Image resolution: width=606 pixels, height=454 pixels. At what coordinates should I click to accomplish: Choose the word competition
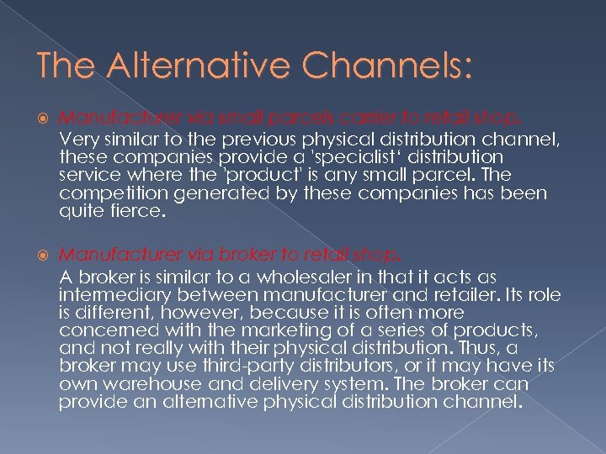[112, 193]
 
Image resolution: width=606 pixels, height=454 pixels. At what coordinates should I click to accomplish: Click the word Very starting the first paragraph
[78, 139]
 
